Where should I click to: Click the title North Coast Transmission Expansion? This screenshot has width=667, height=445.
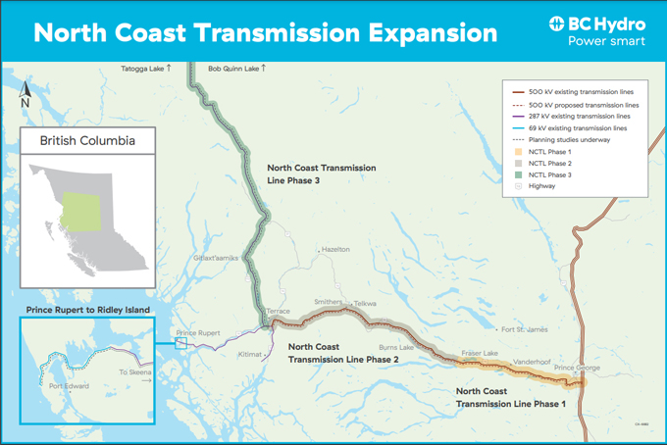tap(265, 32)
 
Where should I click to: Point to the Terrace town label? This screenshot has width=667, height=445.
tap(279, 311)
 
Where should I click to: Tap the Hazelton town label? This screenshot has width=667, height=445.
tap(335, 250)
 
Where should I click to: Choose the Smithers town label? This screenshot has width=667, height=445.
tap(328, 302)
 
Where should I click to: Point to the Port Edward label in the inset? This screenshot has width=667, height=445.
tap(70, 386)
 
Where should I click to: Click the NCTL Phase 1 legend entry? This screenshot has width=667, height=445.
tap(549, 151)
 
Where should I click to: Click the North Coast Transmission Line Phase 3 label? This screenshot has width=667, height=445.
tap(321, 173)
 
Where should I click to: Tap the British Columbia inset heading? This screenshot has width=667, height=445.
tap(87, 141)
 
